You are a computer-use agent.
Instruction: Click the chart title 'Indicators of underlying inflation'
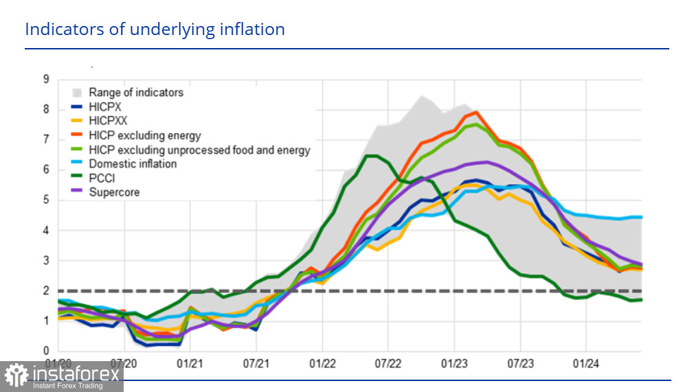tap(155, 30)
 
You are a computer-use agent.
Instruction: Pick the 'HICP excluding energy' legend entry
tap(145, 135)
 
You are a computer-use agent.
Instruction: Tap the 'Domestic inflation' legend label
tap(133, 164)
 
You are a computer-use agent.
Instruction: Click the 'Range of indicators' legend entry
tap(136, 92)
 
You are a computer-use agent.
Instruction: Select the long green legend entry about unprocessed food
tap(199, 150)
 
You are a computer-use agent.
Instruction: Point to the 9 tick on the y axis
tap(46, 79)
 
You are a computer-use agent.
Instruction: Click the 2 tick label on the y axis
tap(46, 291)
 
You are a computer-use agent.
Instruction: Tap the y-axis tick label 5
tap(46, 200)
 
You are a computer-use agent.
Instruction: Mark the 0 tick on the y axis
tap(46, 351)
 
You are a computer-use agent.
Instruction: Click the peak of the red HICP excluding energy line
tap(475, 112)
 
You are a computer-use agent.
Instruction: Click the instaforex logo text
tap(77, 374)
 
